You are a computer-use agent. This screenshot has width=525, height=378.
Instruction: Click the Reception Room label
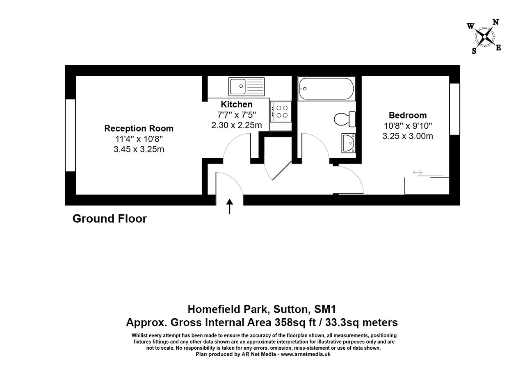[139, 128]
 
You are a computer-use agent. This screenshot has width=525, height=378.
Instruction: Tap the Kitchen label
[237, 104]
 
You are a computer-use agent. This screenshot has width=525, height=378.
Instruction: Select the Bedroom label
[408, 115]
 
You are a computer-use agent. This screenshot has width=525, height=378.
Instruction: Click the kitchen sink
[247, 87]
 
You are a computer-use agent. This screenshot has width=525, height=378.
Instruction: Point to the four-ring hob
[281, 112]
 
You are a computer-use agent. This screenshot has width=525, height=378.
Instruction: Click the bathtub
[326, 89]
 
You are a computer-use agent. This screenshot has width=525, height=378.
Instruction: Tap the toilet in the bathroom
[345, 119]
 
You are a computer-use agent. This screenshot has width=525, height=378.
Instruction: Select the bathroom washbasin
[349, 143]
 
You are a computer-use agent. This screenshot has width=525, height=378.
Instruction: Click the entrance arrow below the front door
[229, 206]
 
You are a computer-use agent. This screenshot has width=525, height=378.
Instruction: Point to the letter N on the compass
[496, 22]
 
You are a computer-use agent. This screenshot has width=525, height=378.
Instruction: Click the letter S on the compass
[474, 51]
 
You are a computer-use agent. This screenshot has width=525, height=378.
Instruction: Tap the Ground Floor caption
[110, 219]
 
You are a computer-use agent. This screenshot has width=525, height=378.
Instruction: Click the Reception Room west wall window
[70, 135]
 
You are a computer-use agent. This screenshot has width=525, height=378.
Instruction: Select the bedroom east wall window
[454, 109]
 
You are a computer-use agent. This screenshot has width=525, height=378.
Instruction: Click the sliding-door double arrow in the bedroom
[417, 172]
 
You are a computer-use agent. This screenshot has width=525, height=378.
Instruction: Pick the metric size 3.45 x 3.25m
[139, 149]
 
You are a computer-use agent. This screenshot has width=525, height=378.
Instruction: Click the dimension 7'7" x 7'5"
[237, 115]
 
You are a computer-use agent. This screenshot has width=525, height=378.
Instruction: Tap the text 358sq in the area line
[290, 323]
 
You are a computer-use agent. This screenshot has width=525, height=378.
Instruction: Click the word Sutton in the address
[290, 309]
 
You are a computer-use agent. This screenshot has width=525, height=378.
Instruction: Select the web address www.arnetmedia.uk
[306, 354]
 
